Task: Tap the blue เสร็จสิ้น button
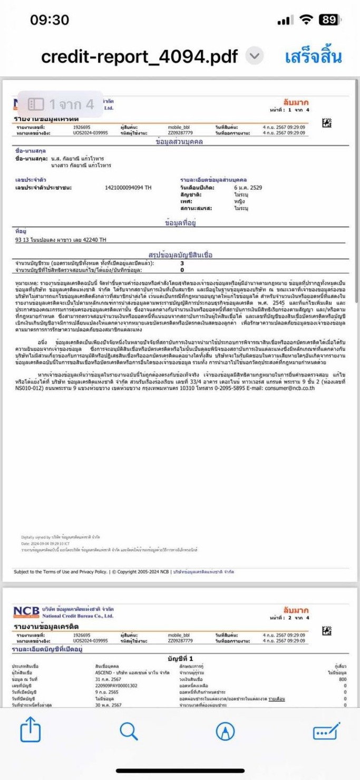[313, 56]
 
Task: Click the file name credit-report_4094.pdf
[140, 56]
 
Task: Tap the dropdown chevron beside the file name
[255, 56]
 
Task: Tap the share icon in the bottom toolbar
[30, 732]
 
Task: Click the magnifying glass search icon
[129, 732]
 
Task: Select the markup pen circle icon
[226, 732]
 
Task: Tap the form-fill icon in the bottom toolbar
[326, 732]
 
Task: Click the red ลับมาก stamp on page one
[296, 102]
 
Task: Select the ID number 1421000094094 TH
[128, 188]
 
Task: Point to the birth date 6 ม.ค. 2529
[248, 188]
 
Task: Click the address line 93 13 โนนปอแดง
[61, 240]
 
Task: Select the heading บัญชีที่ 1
[180, 658]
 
